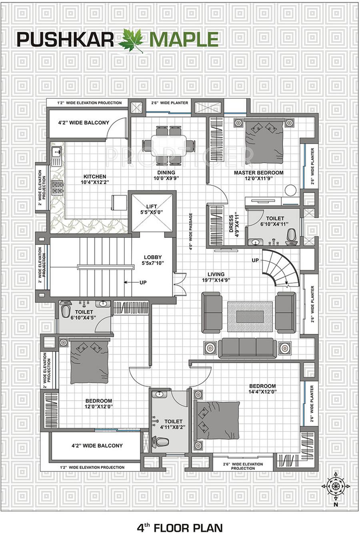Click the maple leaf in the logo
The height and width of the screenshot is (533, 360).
[132, 40]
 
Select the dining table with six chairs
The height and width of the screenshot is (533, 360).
[168, 145]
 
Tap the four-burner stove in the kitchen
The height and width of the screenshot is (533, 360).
[57, 188]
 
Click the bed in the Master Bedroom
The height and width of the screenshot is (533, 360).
[264, 141]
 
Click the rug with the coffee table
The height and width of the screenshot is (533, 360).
[250, 316]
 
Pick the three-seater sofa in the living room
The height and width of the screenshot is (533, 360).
[248, 348]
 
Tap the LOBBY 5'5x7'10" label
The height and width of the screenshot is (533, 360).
[153, 260]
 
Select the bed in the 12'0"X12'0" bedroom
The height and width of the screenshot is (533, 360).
[90, 362]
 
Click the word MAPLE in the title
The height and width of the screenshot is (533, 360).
[184, 40]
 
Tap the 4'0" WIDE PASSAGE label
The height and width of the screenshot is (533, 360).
[191, 231]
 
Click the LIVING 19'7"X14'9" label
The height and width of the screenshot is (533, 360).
[216, 277]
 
